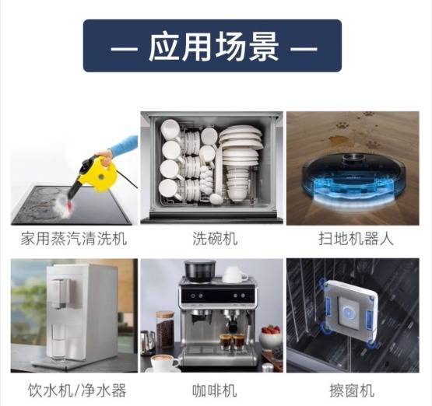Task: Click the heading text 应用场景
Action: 213,46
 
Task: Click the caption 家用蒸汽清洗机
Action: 74,239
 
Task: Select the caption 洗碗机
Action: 215,239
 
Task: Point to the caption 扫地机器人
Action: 356,239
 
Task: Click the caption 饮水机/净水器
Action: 77,390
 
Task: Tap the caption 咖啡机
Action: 214,390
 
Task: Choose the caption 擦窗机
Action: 352,390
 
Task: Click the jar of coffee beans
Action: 165,330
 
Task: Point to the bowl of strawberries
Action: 272,337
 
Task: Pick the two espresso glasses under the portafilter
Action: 232,341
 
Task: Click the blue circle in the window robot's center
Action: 348,313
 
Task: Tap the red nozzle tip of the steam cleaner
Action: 69,205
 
